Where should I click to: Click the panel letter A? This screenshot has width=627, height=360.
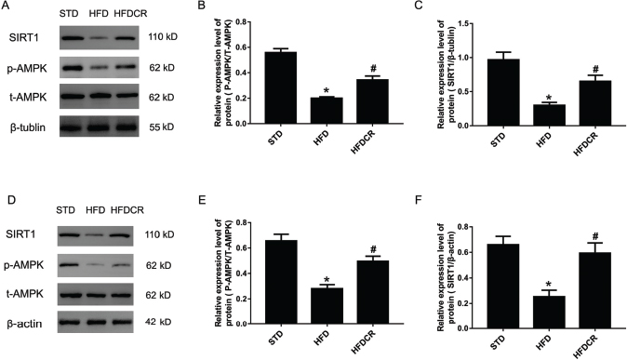point(6,7)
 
